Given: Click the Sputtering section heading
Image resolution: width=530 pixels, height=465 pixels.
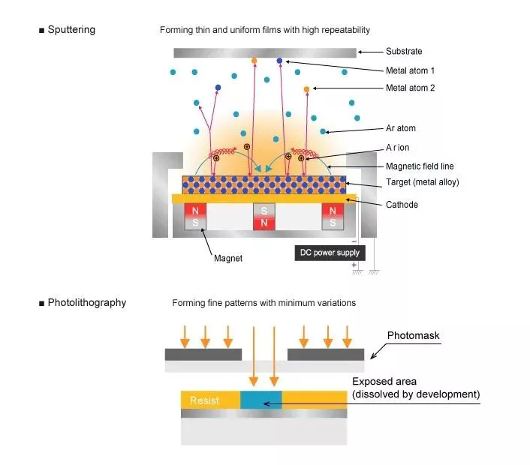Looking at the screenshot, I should click(71, 30).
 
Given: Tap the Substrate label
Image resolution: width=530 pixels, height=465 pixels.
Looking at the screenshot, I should click(404, 52).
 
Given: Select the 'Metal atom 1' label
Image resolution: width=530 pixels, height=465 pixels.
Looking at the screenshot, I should click(411, 70).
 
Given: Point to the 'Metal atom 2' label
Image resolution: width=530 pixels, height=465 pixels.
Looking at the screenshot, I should click(411, 88).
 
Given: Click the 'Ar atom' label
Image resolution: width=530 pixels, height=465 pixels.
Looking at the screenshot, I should click(401, 128).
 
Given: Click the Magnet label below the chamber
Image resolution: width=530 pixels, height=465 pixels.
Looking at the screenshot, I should click(227, 259).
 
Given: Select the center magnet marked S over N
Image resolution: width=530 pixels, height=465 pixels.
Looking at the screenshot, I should click(264, 217).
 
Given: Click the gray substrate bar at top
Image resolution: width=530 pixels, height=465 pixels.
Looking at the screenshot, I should click(264, 52).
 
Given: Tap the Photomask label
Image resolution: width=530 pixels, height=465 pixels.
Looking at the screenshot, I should click(414, 335).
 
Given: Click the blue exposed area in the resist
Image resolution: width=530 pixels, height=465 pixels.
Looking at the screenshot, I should click(260, 399).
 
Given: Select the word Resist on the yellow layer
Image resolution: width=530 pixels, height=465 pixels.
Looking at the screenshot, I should click(204, 400).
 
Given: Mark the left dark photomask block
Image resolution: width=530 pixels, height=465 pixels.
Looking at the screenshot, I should click(203, 354).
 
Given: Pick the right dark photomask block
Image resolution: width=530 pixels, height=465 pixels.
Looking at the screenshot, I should click(326, 354).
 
